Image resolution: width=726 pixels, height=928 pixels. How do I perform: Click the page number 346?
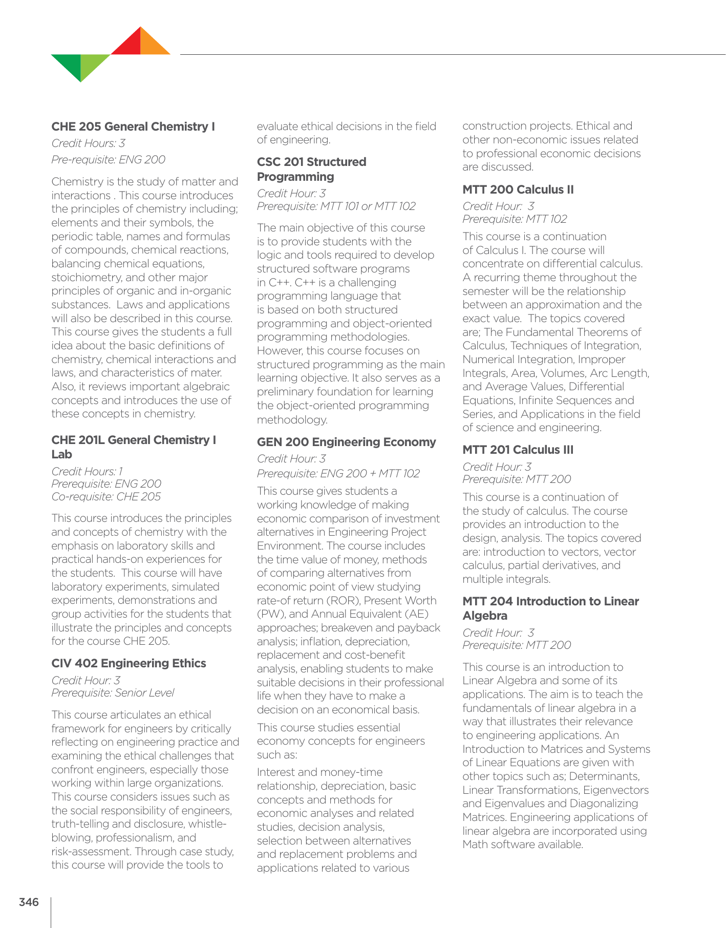(29, 902)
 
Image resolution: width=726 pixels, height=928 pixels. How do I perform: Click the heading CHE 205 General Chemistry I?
(133, 126)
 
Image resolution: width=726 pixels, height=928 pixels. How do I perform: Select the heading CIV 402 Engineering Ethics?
(129, 663)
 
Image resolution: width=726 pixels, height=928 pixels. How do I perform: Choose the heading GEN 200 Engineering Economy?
(346, 442)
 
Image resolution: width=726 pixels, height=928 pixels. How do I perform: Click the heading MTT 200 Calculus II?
(518, 189)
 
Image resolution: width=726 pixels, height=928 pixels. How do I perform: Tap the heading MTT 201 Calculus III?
(518, 450)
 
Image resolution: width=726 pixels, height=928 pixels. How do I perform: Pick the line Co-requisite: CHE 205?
(106, 496)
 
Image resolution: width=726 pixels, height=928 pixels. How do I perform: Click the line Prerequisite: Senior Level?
(113, 693)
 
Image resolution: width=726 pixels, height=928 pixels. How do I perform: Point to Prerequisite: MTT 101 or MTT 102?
(336, 206)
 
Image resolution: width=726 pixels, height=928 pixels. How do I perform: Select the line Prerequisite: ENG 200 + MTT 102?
(338, 473)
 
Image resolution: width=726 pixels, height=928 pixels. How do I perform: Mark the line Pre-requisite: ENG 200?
(108, 159)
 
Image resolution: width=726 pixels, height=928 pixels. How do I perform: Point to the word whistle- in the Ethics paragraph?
(207, 824)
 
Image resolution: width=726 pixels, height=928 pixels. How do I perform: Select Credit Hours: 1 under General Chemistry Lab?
(87, 471)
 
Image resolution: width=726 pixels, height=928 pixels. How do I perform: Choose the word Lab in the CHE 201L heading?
(62, 454)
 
